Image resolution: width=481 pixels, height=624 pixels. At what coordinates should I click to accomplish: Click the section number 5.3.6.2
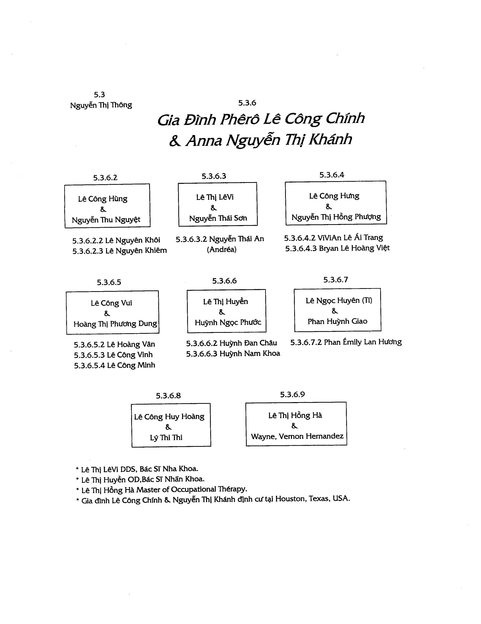[105, 178]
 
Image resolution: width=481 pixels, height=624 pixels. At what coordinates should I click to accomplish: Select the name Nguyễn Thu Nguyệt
[106, 220]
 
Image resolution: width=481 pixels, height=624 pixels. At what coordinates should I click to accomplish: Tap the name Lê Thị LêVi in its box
[215, 197]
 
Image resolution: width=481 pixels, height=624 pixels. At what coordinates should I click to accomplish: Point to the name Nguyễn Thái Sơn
[218, 218]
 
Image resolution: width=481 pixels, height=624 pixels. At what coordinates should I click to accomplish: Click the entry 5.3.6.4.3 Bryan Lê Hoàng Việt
[337, 248]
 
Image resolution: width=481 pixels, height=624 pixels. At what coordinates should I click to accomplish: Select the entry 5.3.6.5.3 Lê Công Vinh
[113, 355]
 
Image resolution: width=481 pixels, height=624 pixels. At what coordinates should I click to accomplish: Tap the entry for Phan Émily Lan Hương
[346, 342]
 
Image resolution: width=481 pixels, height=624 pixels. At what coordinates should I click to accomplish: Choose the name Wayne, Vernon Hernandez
[297, 436]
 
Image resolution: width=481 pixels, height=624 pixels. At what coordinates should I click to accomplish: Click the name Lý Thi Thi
[166, 438]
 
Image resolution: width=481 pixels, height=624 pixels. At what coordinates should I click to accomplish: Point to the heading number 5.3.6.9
[292, 395]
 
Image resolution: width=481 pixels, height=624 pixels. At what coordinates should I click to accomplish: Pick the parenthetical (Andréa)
[222, 249]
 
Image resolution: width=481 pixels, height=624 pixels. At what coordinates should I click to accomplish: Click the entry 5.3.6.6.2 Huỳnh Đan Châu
[232, 343]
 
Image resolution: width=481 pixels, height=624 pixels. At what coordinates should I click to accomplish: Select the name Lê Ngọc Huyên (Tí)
[339, 301]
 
